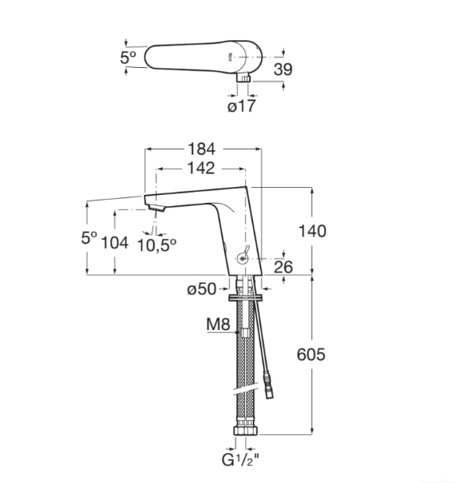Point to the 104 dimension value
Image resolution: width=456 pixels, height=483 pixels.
tap(115, 242)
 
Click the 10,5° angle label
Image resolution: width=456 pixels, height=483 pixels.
tap(158, 245)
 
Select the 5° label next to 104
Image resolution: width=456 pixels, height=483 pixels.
tap(89, 237)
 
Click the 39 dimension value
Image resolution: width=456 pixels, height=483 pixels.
tap(282, 69)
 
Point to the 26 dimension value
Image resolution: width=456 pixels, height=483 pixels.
tap(283, 268)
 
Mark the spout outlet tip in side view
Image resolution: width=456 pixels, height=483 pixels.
tap(156, 208)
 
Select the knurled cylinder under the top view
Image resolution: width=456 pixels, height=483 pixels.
tap(245, 79)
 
